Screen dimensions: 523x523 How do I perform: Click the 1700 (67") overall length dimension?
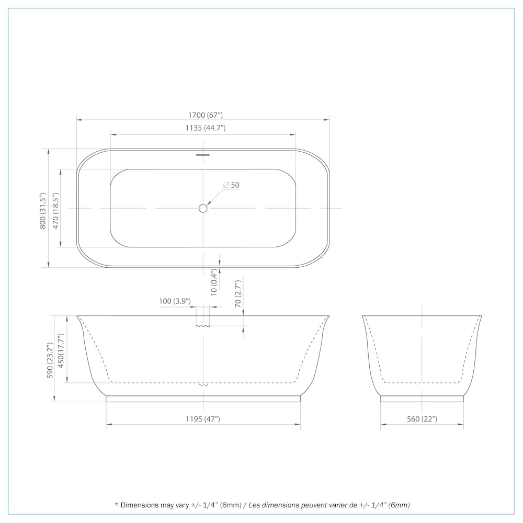(x=206, y=115)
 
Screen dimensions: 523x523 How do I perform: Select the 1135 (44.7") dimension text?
(x=206, y=128)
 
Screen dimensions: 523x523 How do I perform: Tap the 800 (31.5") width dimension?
(x=42, y=210)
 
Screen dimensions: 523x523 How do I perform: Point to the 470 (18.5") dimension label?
(x=55, y=210)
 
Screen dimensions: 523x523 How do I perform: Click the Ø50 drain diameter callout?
(x=231, y=185)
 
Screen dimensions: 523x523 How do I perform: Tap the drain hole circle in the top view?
(x=203, y=209)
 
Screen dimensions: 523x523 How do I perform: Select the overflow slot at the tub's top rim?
(x=203, y=155)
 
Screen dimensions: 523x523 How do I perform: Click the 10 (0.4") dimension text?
(x=214, y=282)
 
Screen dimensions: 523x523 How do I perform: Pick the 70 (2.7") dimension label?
(x=237, y=293)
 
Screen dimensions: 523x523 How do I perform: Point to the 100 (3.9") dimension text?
(x=175, y=301)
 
